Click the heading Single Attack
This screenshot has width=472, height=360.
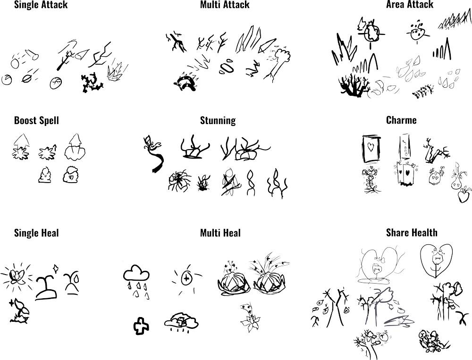point(41,5)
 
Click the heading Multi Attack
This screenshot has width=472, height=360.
point(225,5)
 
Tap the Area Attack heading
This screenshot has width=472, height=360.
point(410,5)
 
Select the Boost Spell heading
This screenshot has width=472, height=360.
point(36,120)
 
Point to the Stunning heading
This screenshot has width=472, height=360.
point(218,120)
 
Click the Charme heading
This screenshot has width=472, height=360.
point(401,120)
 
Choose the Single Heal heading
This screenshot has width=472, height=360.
point(36,233)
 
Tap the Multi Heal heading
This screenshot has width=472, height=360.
point(220,233)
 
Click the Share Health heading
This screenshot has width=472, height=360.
point(412,233)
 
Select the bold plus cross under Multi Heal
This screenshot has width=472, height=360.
point(141,326)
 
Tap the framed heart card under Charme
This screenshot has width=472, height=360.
point(371,149)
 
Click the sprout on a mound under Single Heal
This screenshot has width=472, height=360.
point(46,288)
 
